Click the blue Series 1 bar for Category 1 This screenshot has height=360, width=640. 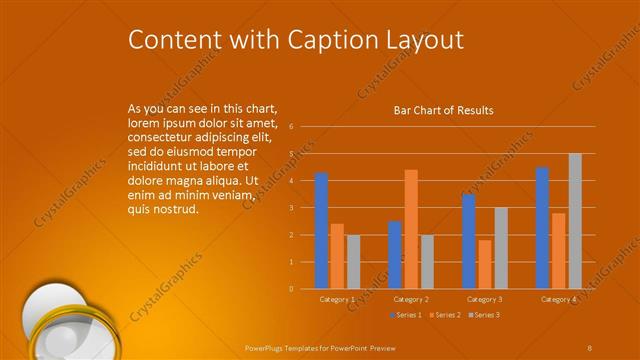pyautogui.click(x=321, y=231)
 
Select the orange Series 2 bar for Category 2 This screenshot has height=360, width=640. pyautogui.click(x=411, y=229)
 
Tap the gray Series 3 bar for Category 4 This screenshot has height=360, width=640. pyautogui.click(x=575, y=221)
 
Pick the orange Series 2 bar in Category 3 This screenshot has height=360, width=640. pyautogui.click(x=485, y=264)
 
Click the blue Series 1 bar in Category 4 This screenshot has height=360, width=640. pyautogui.click(x=542, y=228)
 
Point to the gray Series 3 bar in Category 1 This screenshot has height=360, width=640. pyautogui.click(x=353, y=262)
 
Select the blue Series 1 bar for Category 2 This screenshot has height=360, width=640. pyautogui.click(x=395, y=255)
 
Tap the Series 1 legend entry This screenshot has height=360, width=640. pyautogui.click(x=404, y=315)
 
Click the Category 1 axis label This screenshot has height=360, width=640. pyautogui.click(x=337, y=299)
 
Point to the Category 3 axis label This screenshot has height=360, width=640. pyautogui.click(x=485, y=299)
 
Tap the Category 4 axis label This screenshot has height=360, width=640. pyautogui.click(x=559, y=299)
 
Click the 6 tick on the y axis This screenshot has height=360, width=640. pyautogui.click(x=290, y=127)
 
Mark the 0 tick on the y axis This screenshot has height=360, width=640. pyautogui.click(x=290, y=289)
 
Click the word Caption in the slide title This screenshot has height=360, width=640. pyautogui.click(x=324, y=40)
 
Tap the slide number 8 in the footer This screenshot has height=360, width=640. pyautogui.click(x=590, y=347)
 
